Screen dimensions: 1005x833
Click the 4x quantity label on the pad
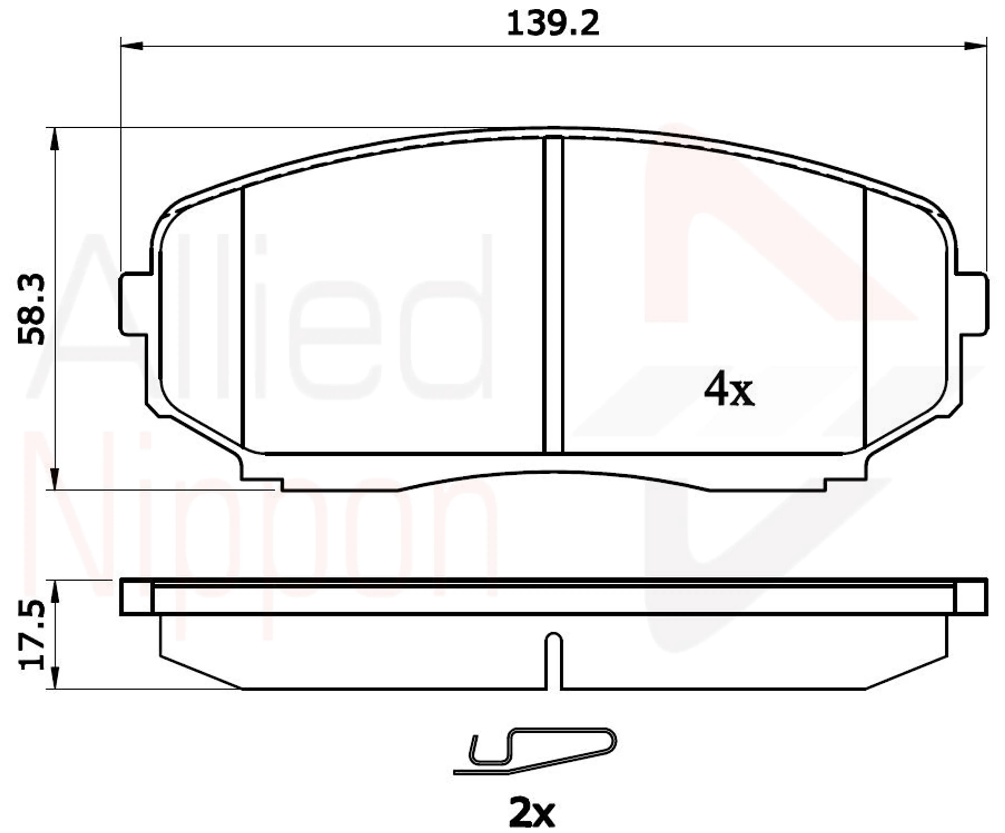pos(729,390)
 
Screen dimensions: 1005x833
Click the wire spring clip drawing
pos(535,750)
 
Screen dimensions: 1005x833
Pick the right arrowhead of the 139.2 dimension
pos(975,46)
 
